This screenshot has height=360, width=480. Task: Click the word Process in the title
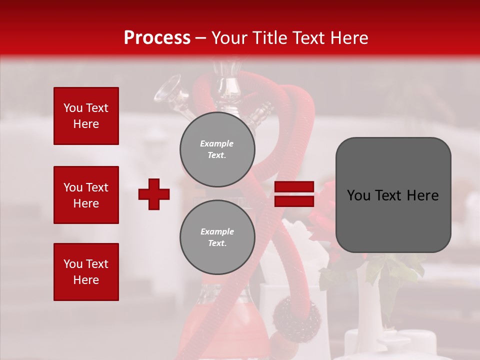pyautogui.click(x=157, y=38)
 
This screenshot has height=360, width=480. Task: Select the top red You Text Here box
pyautogui.click(x=86, y=116)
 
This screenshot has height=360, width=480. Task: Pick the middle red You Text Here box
pyautogui.click(x=86, y=195)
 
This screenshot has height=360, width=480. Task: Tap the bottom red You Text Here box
pyautogui.click(x=86, y=272)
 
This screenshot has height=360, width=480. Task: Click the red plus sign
pyautogui.click(x=154, y=194)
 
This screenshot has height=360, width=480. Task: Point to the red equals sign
pyautogui.click(x=294, y=194)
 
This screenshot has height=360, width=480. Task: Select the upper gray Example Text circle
pyautogui.click(x=217, y=149)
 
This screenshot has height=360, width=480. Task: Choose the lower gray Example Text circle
pyautogui.click(x=217, y=237)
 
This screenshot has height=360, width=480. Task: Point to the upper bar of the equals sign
pyautogui.click(x=294, y=187)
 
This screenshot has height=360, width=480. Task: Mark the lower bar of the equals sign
pyautogui.click(x=294, y=201)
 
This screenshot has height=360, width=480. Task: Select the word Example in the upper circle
pyautogui.click(x=216, y=143)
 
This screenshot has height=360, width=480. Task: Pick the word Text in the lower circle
pyautogui.click(x=216, y=243)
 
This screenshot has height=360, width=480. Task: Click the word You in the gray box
pyautogui.click(x=358, y=195)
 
